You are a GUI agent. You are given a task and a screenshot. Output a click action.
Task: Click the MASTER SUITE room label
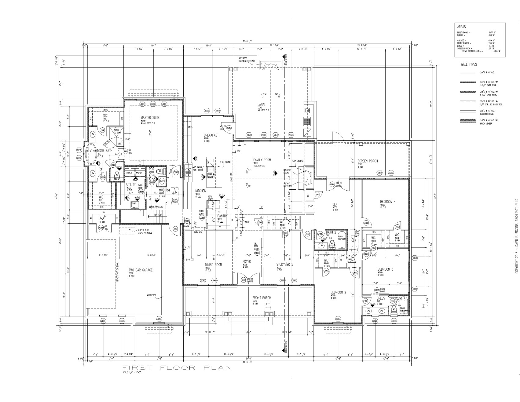(x=150, y=118)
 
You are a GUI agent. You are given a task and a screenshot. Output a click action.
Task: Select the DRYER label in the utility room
(x=129, y=173)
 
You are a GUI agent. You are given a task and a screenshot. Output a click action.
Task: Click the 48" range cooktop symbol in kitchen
(x=187, y=171)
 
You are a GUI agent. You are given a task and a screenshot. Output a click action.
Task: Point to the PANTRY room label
(x=222, y=216)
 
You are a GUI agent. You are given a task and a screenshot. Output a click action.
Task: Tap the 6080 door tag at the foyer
(x=244, y=280)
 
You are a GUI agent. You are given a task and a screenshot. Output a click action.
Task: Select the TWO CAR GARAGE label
(x=141, y=270)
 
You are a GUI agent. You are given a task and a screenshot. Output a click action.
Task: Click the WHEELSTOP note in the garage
(x=152, y=295)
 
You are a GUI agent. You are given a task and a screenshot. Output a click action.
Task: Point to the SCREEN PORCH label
(x=368, y=161)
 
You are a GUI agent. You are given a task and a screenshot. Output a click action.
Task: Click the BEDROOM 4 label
(x=388, y=202)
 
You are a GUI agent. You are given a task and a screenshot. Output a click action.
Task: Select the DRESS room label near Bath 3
(x=381, y=298)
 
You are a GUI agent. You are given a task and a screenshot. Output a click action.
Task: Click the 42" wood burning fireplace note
(x=247, y=60)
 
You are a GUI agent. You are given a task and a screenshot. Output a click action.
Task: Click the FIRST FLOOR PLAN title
(x=177, y=367)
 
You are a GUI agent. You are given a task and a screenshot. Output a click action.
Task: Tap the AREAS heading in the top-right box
(x=462, y=27)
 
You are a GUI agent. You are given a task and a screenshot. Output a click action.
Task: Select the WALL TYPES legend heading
(x=469, y=64)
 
